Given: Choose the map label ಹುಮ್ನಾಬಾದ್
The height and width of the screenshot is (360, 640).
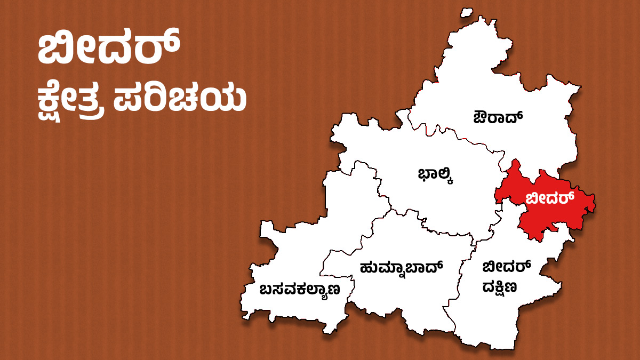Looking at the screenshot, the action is pos(402,266).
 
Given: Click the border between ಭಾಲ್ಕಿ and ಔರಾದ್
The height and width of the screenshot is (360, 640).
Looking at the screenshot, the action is pos(459,135).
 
